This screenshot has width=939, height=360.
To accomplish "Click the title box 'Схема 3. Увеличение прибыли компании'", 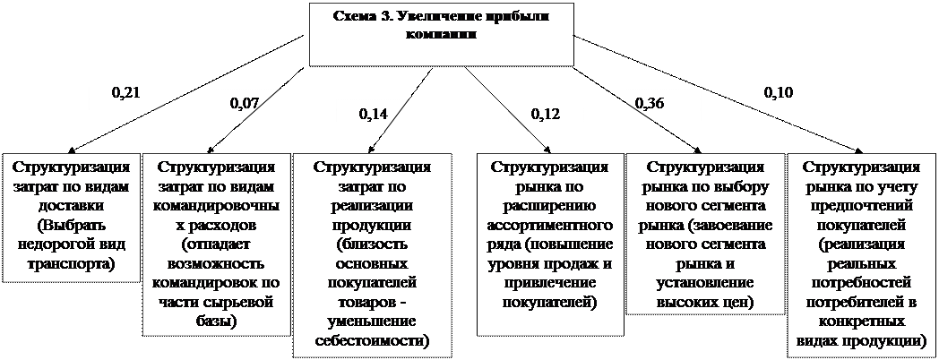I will click(x=442, y=33).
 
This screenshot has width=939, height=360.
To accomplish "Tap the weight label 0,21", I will click(x=125, y=91).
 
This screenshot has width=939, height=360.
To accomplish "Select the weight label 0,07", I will click(x=245, y=104).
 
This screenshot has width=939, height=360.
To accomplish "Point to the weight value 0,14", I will click(x=373, y=114).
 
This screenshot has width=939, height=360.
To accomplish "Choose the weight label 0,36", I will click(x=649, y=104).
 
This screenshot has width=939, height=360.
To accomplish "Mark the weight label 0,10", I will click(x=778, y=92).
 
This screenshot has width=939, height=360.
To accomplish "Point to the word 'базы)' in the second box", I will click(x=215, y=320).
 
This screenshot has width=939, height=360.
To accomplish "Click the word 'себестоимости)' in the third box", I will click(x=372, y=340).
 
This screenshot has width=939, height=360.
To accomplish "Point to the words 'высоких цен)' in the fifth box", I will click(x=706, y=302).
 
